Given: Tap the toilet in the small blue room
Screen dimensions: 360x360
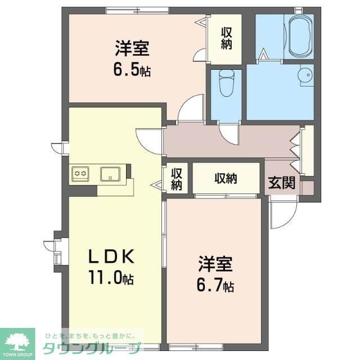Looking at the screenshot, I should [x=226, y=83].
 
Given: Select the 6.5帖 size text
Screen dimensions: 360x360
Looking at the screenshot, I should [x=132, y=71].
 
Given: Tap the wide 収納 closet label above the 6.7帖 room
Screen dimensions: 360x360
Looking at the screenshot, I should [x=225, y=179].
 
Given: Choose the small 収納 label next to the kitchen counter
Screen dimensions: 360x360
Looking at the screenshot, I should [x=176, y=179].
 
